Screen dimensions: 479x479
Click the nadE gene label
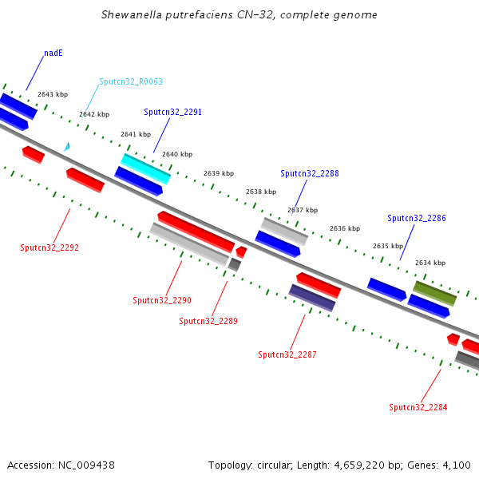[53, 53]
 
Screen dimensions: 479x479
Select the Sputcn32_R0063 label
[131, 81]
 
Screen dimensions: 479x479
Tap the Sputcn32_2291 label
[172, 113]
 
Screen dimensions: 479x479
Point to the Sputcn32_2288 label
[310, 173]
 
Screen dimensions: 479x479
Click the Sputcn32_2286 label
[417, 218]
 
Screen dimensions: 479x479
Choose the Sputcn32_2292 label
[49, 247]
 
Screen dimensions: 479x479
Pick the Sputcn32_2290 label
[162, 300]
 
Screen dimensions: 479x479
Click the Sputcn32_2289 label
[208, 321]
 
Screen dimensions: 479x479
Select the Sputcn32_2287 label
[287, 354]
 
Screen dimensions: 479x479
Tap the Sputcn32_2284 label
[418, 407]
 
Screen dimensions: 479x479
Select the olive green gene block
[434, 293]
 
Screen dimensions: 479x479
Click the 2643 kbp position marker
[53, 94]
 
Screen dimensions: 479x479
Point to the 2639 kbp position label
[219, 173]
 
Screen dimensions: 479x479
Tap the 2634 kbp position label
[430, 263]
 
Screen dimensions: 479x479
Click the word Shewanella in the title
[131, 15]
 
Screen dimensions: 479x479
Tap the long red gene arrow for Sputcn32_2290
[196, 232]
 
